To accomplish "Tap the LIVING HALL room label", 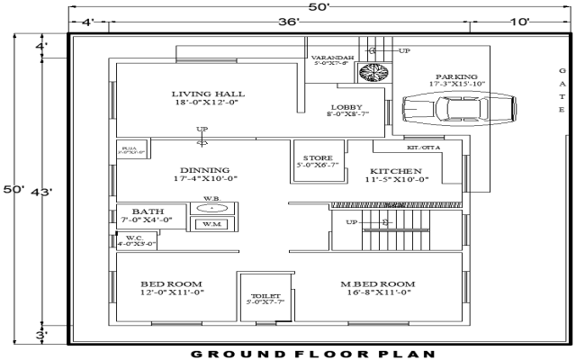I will pos(208,94).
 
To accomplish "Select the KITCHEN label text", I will pos(396,171).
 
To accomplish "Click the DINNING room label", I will pos(204,170).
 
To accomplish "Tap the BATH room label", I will pos(148,211).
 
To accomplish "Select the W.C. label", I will pos(135,238).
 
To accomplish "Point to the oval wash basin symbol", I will pos(211,208).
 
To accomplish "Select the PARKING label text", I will pos(457,77).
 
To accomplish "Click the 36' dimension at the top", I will pos(288,22).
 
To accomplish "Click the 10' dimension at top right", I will pos(518,22).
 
